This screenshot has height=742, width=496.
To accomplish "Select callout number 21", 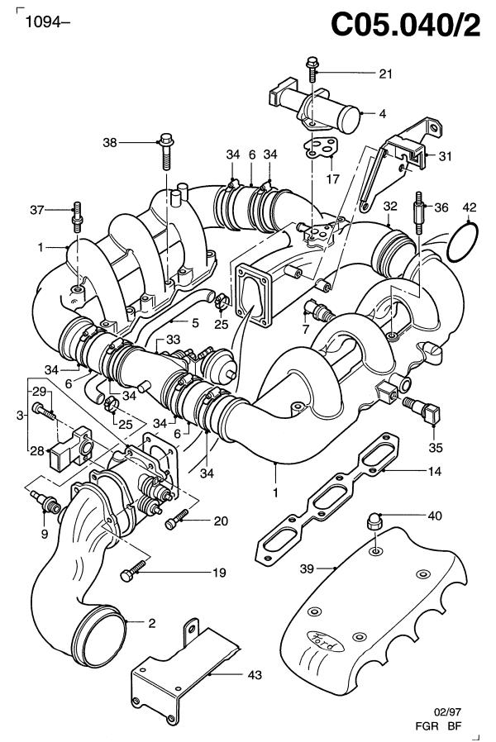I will pyautogui.click(x=386, y=74).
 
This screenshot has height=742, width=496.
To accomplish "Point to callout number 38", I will pyautogui.click(x=110, y=142).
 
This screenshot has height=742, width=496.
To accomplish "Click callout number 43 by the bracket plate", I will pyautogui.click(x=255, y=675).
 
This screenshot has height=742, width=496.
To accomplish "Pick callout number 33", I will pyautogui.click(x=172, y=340).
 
